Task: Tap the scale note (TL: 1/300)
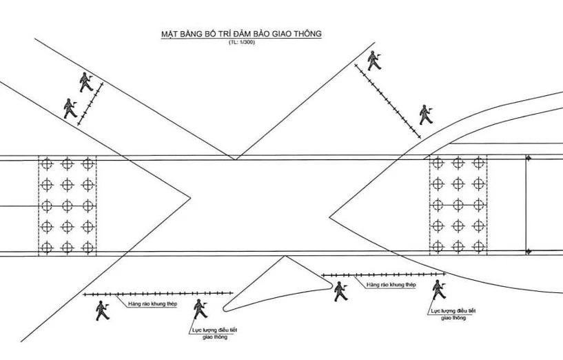click(x=241, y=42)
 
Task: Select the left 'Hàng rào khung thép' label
click(x=152, y=304)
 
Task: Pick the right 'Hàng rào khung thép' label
click(x=391, y=285)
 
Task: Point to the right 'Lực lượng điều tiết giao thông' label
click(x=453, y=314)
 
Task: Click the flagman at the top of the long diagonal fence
click(x=373, y=61)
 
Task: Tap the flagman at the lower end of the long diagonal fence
click(x=426, y=115)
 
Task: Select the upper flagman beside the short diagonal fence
click(x=86, y=82)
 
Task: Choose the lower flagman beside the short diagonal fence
click(x=70, y=108)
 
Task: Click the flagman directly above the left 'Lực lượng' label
click(x=201, y=309)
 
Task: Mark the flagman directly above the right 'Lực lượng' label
click(x=439, y=290)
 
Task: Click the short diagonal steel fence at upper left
click(x=90, y=104)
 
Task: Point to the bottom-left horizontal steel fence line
click(x=158, y=294)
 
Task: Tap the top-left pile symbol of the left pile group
click(x=47, y=164)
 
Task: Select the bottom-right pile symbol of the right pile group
click(x=479, y=247)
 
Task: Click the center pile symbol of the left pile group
click(x=67, y=206)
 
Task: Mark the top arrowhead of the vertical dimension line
click(x=528, y=158)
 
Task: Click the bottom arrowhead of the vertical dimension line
click(x=528, y=252)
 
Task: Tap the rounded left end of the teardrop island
click(x=224, y=308)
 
